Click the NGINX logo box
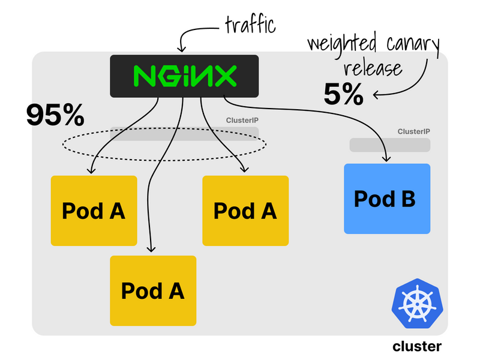[x=184, y=76]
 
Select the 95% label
[x=55, y=114]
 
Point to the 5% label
[x=343, y=93]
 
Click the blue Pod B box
[x=387, y=199]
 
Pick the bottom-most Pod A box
[x=153, y=290]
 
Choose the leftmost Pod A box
[x=94, y=211]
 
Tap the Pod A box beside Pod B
[x=245, y=211]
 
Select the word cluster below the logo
[x=417, y=346]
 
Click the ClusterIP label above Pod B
[x=413, y=132]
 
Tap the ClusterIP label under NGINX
[x=242, y=120]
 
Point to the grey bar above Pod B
[x=390, y=145]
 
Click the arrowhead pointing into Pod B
[x=387, y=159]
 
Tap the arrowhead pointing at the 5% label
[x=376, y=94]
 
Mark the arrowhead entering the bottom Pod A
[x=151, y=248]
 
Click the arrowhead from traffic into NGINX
[x=182, y=47]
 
